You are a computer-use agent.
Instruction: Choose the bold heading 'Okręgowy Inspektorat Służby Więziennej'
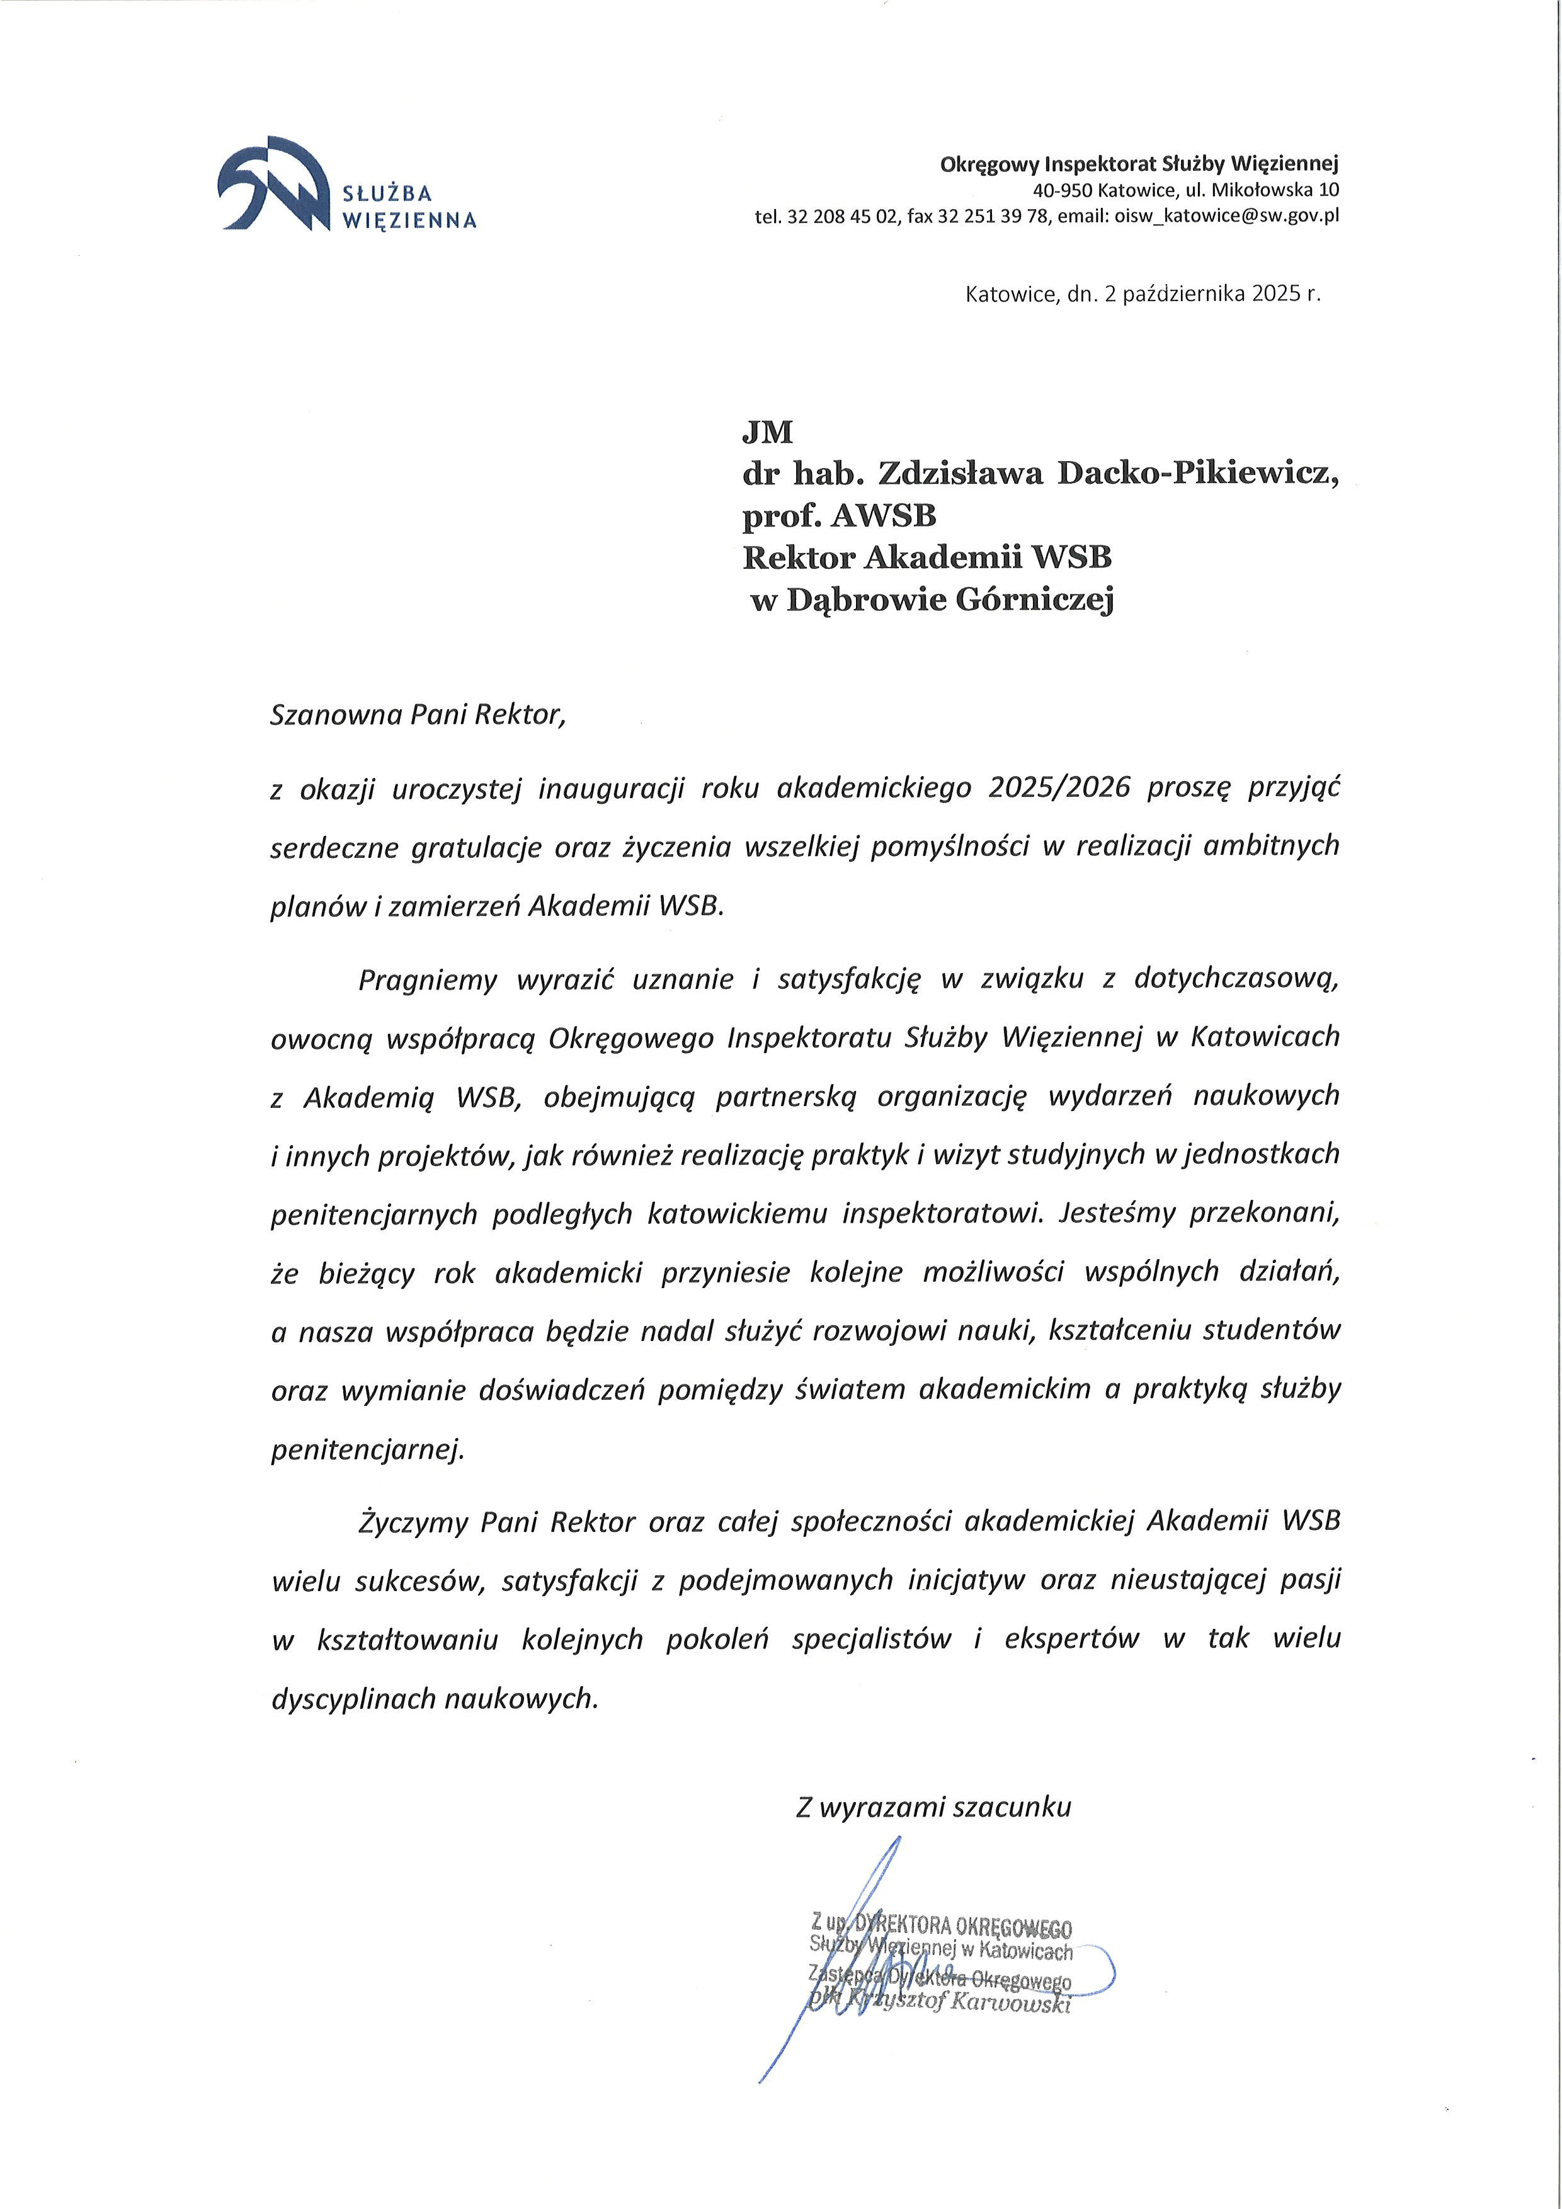click(x=1139, y=164)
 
